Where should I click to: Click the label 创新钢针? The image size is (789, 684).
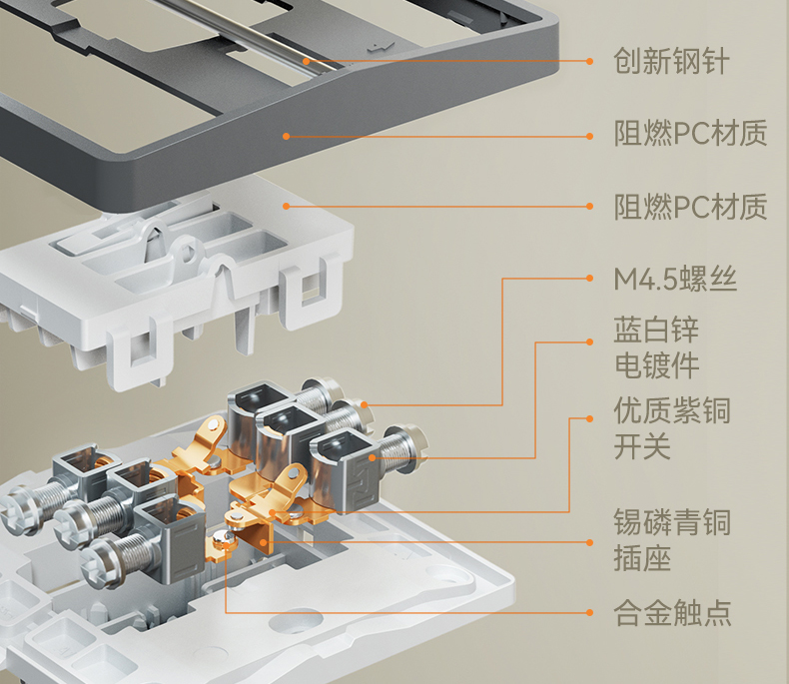[671, 62]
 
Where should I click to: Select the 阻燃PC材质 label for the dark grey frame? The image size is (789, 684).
[690, 134]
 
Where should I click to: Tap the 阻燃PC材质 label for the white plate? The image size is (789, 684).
[690, 208]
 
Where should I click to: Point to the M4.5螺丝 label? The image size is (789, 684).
[675, 280]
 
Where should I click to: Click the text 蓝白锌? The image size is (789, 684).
[656, 330]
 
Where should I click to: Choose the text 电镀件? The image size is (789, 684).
[656, 364]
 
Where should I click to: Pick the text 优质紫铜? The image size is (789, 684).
[671, 410]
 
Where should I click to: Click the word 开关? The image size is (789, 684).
[641, 445]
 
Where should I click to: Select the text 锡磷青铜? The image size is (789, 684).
[671, 521]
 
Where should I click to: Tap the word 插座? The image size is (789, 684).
[641, 557]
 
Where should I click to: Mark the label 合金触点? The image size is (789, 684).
[671, 611]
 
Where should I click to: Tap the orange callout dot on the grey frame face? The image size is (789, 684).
[286, 135]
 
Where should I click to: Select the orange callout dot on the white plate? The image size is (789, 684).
[286, 207]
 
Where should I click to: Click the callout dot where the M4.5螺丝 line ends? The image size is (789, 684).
[367, 405]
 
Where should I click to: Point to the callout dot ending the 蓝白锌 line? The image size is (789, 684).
[373, 457]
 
